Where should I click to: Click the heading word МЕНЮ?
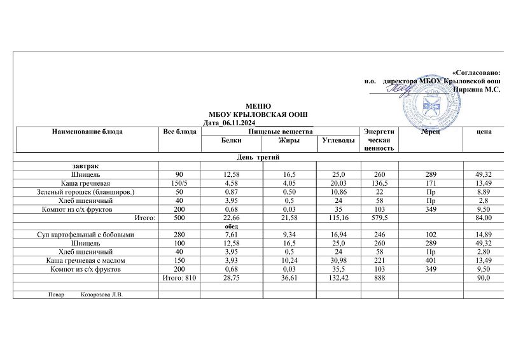click(x=258, y=106)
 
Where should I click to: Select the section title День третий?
click(x=258, y=156)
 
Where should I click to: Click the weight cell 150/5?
click(x=181, y=183)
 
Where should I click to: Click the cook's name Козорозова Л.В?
click(x=106, y=295)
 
